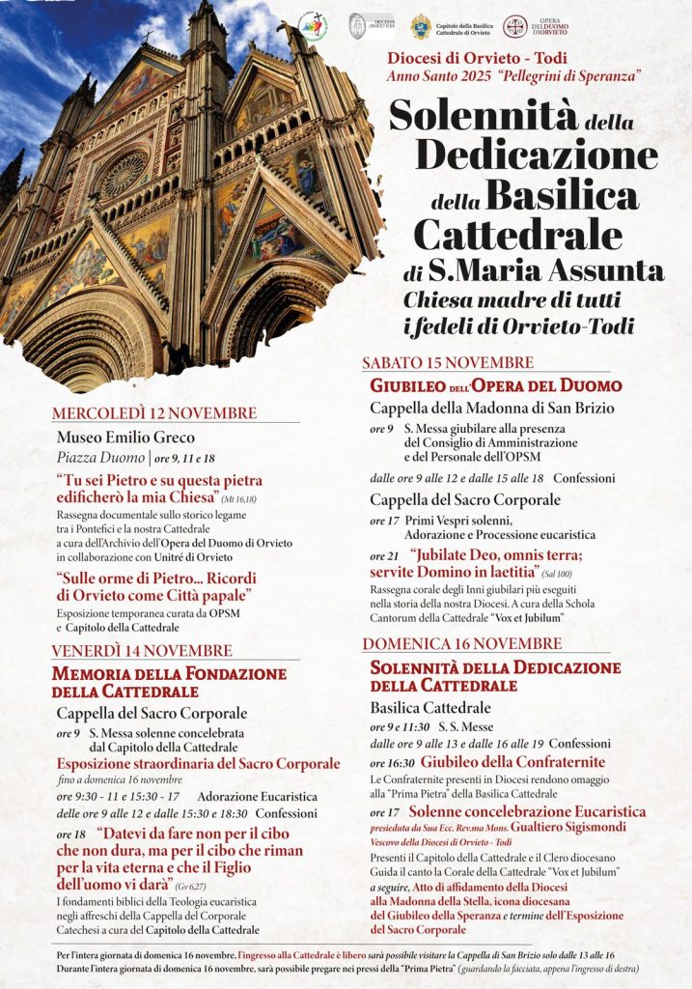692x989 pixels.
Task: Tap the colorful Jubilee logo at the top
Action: pos(314,26)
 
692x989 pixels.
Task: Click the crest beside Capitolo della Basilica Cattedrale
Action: pos(421,27)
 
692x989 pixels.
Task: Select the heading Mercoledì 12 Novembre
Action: pos(154,413)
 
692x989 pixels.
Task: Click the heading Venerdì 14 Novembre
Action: pos(142,650)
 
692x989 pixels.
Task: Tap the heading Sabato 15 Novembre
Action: pos(448,362)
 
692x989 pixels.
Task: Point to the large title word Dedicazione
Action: pos(537,155)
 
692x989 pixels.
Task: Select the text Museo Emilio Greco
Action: pos(125,438)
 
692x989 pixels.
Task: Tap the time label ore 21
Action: pos(383,556)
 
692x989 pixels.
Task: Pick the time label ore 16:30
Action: pos(391,762)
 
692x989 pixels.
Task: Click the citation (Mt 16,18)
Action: pos(238,499)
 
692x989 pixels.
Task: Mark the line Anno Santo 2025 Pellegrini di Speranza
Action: pos(514,74)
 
